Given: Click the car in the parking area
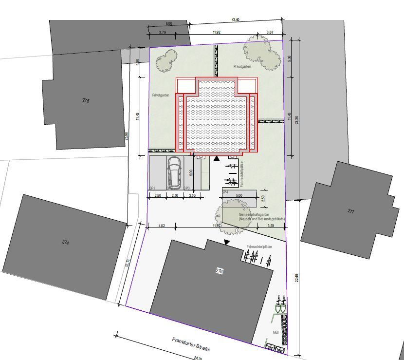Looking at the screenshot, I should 174,173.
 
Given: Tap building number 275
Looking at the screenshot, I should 86,101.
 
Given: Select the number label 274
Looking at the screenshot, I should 66,242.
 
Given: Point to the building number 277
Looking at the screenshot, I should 351,211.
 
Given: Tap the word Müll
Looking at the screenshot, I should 276,334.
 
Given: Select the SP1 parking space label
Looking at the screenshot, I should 152,188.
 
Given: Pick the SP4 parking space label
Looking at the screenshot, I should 225,192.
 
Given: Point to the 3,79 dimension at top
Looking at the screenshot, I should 163,33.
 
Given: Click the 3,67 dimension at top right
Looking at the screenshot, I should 270,33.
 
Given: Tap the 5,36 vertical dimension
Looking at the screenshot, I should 290,58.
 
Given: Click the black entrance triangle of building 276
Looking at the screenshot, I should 226,242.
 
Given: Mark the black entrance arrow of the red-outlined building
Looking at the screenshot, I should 216,158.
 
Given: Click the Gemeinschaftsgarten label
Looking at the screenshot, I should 255,214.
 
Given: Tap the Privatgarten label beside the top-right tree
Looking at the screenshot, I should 242,66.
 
